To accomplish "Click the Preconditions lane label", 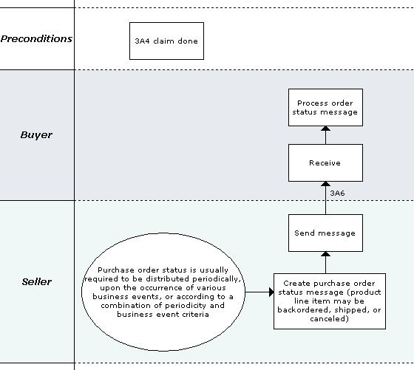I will (x=36, y=38).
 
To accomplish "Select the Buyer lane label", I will (x=36, y=135).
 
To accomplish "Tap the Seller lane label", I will (x=36, y=281).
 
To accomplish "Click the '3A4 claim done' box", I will (x=166, y=41).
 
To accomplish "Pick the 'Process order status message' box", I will (x=325, y=107).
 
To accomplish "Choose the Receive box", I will (x=325, y=163).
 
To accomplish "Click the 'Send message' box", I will (x=325, y=233).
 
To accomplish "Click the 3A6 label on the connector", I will (x=337, y=193).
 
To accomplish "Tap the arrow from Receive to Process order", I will (x=325, y=135).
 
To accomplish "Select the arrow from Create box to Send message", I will (x=325, y=262).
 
